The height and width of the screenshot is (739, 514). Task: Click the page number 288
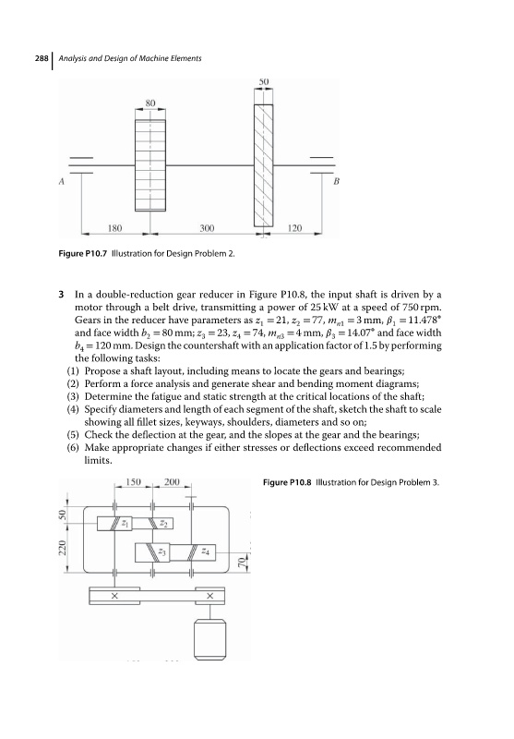[42, 58]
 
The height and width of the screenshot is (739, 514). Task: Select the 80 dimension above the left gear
[150, 103]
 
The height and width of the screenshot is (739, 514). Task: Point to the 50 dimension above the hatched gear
[264, 81]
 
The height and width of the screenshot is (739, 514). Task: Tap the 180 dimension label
[114, 228]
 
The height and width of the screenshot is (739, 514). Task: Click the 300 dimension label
[207, 228]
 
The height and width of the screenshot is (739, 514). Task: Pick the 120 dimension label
[294, 228]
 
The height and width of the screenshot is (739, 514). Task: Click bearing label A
[61, 180]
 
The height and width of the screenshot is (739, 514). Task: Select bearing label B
[336, 181]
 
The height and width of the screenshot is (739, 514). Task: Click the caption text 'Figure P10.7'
[83, 253]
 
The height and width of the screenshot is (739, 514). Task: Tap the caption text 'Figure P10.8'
[287, 482]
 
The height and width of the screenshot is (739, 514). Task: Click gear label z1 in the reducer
[126, 523]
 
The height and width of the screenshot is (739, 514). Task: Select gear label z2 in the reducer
[163, 523]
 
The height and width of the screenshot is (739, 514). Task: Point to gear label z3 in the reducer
[161, 551]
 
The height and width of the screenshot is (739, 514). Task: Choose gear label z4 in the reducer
[205, 551]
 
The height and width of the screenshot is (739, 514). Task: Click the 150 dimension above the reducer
[133, 481]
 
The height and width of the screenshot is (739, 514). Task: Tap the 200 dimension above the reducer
[172, 481]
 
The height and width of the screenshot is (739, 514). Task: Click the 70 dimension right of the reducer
[242, 562]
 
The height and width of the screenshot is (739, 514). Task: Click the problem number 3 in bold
[61, 295]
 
